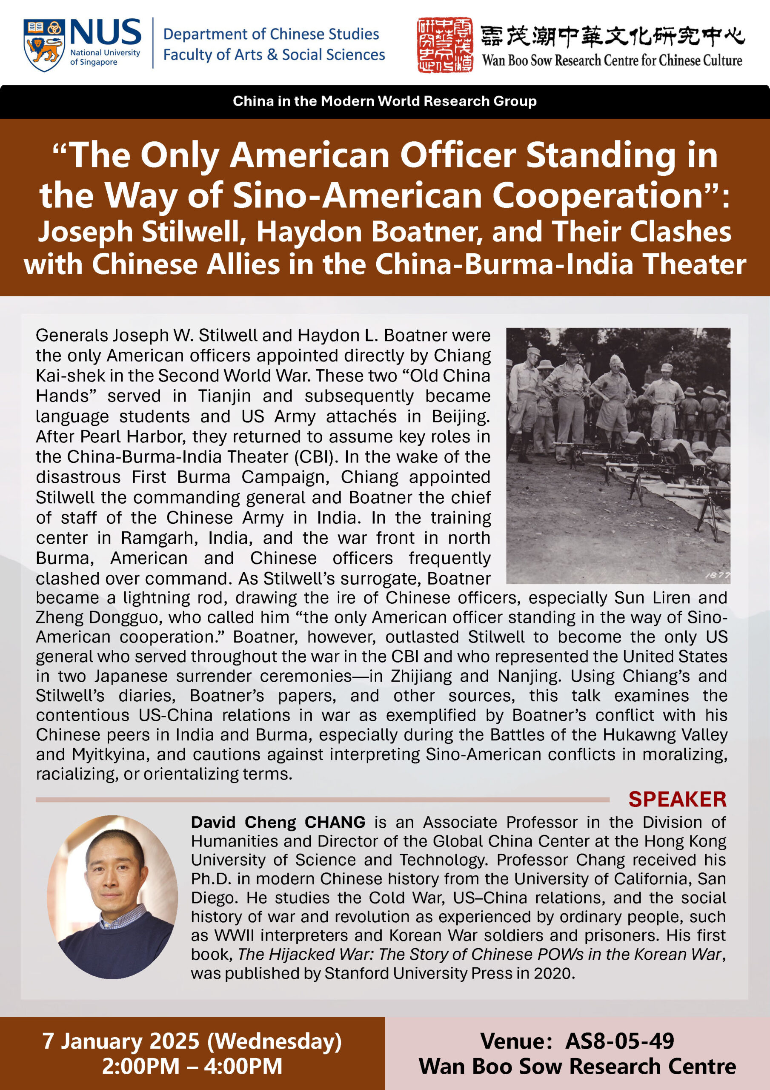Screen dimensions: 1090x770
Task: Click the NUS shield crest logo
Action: [44, 45]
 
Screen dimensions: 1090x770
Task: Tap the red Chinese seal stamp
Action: [445, 45]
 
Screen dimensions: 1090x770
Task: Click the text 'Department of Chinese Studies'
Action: [271, 34]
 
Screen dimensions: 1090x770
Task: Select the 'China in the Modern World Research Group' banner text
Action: [384, 101]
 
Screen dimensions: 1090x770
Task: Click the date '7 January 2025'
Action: [120, 1041]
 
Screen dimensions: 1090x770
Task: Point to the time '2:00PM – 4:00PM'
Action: [192, 1066]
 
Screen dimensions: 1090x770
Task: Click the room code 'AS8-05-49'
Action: [619, 1041]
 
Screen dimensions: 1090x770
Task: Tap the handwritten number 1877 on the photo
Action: [717, 575]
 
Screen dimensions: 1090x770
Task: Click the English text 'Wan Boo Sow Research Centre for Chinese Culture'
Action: [612, 60]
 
